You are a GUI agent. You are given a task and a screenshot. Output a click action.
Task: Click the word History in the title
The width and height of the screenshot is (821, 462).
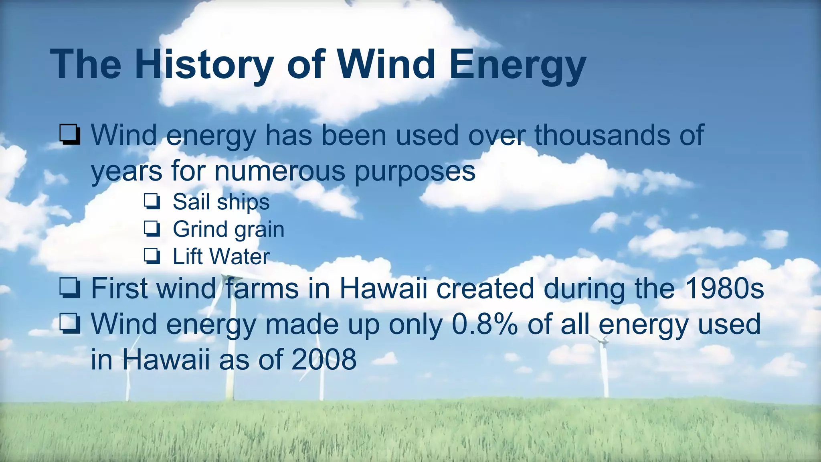point(204,64)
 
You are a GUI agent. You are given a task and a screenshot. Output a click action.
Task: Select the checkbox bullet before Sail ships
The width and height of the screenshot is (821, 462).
point(152,202)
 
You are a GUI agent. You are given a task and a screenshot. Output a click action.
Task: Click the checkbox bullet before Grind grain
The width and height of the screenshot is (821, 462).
point(152,229)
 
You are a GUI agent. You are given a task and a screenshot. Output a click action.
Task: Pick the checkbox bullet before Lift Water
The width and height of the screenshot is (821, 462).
point(152,257)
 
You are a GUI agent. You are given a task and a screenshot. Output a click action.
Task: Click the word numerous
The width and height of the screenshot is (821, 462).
point(279,171)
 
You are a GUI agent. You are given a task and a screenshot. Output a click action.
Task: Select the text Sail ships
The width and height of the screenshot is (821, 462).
point(221,202)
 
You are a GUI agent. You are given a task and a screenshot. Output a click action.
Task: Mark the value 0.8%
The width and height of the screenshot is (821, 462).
point(484,324)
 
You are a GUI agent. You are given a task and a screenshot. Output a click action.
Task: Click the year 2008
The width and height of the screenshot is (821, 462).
point(324,359)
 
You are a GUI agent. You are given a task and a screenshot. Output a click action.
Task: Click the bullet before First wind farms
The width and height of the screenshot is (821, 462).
point(70,289)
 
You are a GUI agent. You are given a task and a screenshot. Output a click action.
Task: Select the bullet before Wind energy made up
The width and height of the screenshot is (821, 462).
point(70,324)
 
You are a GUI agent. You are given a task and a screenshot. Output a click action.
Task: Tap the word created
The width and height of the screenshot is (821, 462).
point(485,288)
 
